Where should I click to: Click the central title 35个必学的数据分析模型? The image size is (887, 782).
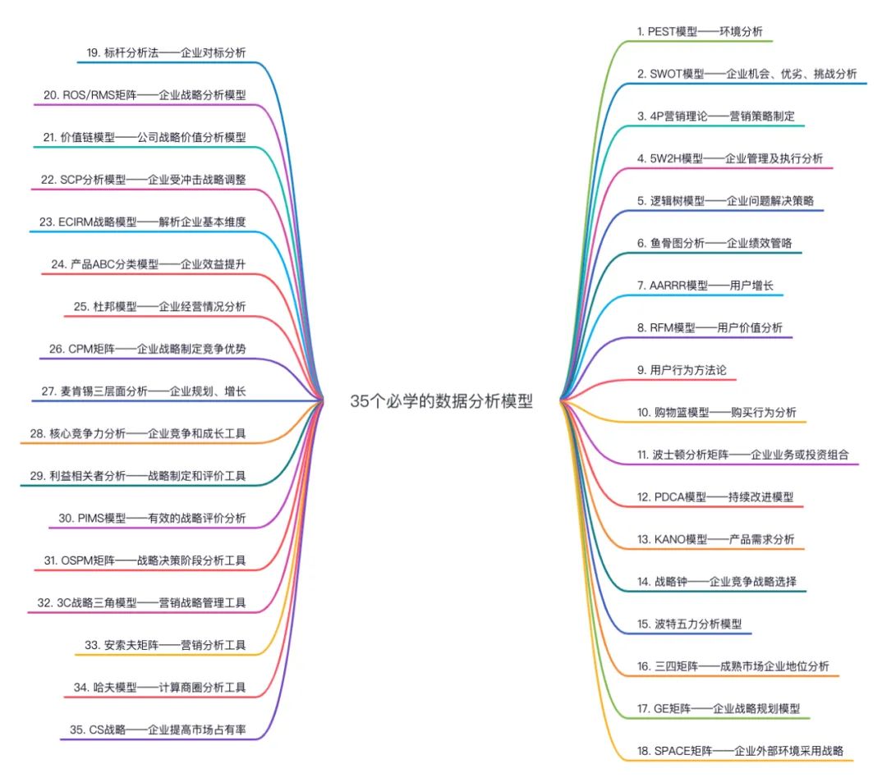click(442, 401)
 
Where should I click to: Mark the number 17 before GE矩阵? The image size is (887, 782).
click(644, 707)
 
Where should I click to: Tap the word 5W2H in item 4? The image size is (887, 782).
click(666, 158)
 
